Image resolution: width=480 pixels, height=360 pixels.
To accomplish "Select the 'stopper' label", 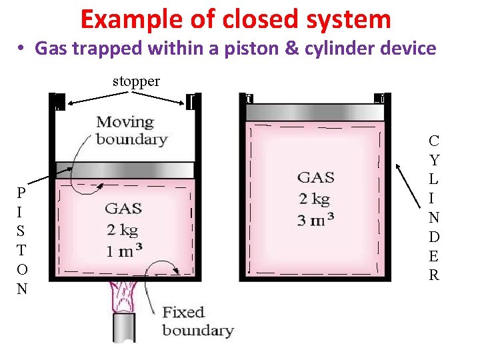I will coord(136,81).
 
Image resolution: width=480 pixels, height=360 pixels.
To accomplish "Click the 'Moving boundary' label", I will coord(131,130).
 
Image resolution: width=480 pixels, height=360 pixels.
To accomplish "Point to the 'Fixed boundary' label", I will coord(198,321).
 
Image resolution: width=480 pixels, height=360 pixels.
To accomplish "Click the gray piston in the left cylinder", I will coord(125,169).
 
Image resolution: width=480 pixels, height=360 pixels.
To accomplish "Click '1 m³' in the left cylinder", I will coord(123,251).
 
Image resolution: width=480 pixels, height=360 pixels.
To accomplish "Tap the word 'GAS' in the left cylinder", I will coord(123,209).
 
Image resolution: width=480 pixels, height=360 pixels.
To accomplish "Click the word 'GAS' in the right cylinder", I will coord(315,177).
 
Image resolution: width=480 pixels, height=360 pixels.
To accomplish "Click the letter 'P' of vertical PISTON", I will coord(22,193).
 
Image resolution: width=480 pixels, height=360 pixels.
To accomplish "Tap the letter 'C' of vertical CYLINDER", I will coord(434,141).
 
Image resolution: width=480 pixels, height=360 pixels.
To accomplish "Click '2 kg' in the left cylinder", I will coord(123,229).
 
